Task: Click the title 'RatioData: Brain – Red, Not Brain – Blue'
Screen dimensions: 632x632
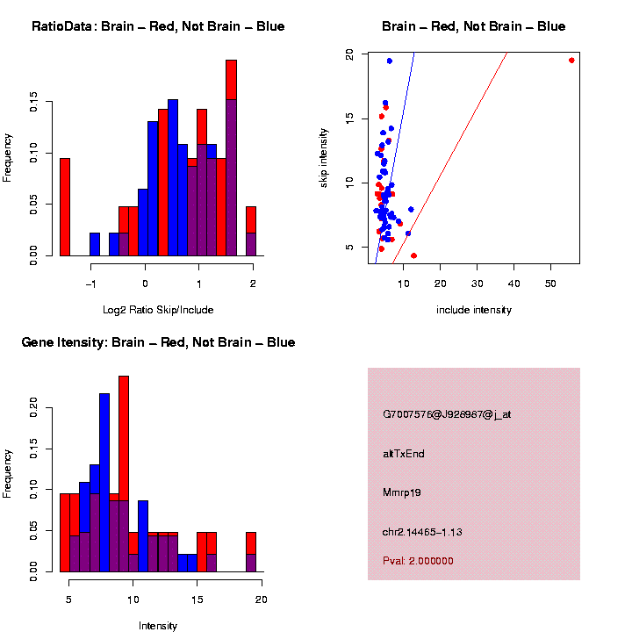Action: click(158, 27)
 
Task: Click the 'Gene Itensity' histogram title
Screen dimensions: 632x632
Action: click(158, 342)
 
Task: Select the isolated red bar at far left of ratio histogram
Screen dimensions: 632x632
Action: click(65, 207)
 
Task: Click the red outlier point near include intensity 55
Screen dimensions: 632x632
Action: click(571, 61)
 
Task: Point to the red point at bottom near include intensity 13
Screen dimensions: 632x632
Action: click(413, 255)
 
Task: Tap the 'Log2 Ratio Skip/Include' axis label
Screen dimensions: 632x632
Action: click(158, 310)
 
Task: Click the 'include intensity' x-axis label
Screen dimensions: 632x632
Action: click(473, 310)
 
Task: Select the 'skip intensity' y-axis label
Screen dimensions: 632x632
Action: click(324, 157)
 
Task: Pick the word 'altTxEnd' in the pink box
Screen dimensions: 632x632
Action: click(404, 454)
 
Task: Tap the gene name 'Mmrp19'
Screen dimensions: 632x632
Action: click(402, 492)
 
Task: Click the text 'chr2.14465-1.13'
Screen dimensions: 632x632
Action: click(422, 531)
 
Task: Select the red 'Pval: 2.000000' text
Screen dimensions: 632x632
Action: click(418, 561)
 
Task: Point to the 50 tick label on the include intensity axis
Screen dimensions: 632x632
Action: click(550, 284)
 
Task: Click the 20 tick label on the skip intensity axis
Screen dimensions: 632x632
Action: click(350, 54)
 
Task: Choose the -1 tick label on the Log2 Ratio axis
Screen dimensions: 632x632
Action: click(91, 284)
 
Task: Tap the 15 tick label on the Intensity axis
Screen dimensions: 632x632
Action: click(197, 600)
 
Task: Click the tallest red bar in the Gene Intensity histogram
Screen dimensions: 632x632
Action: click(124, 474)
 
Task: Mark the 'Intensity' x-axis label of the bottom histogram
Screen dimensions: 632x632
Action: click(158, 626)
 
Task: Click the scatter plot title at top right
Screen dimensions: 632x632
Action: click(473, 27)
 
